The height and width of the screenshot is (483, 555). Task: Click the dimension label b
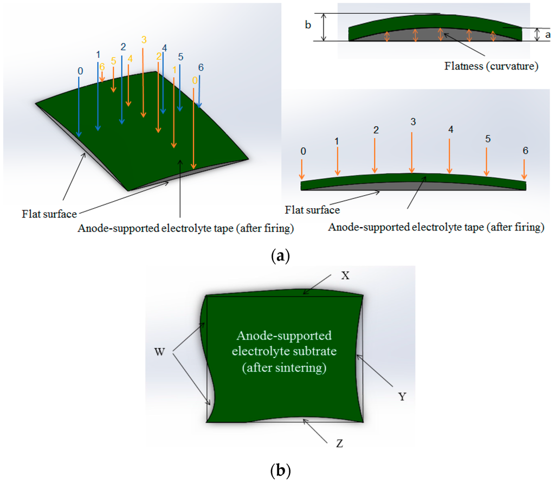[308, 25]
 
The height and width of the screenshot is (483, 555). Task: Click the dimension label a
[547, 34]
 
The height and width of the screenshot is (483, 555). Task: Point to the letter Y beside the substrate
[402, 397]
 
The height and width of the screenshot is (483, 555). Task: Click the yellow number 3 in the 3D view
[144, 40]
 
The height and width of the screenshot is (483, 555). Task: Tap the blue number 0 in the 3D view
[80, 71]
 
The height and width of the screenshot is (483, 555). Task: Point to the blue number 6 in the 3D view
[201, 68]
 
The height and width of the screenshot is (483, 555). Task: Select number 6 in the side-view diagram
[525, 150]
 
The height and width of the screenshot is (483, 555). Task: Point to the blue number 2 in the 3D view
[123, 47]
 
